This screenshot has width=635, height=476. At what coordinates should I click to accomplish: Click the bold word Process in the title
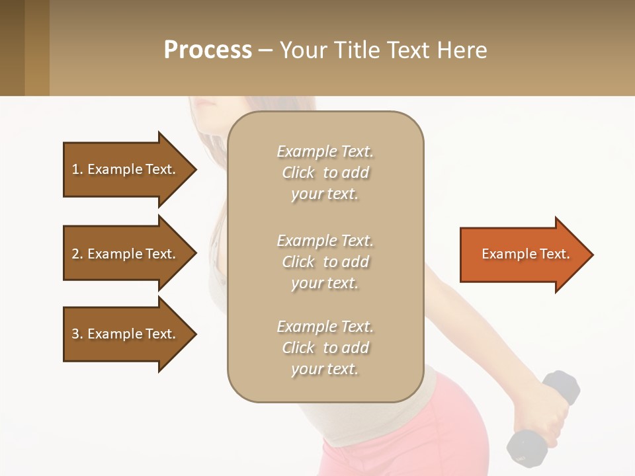(208, 50)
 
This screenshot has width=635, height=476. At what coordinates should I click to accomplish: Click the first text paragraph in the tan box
(325, 173)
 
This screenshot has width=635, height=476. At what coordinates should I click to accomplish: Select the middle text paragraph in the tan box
(325, 262)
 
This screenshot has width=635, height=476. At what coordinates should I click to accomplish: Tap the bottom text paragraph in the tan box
(325, 348)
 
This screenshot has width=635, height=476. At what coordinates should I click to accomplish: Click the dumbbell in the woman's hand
(542, 416)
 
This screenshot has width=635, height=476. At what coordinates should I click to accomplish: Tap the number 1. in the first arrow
(77, 169)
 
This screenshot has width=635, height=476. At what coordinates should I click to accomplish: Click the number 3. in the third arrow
(77, 334)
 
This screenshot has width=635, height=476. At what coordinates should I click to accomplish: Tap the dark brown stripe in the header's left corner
(12, 48)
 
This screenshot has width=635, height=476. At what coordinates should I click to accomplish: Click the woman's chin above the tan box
(205, 106)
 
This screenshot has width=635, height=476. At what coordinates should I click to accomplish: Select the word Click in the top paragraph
(298, 173)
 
